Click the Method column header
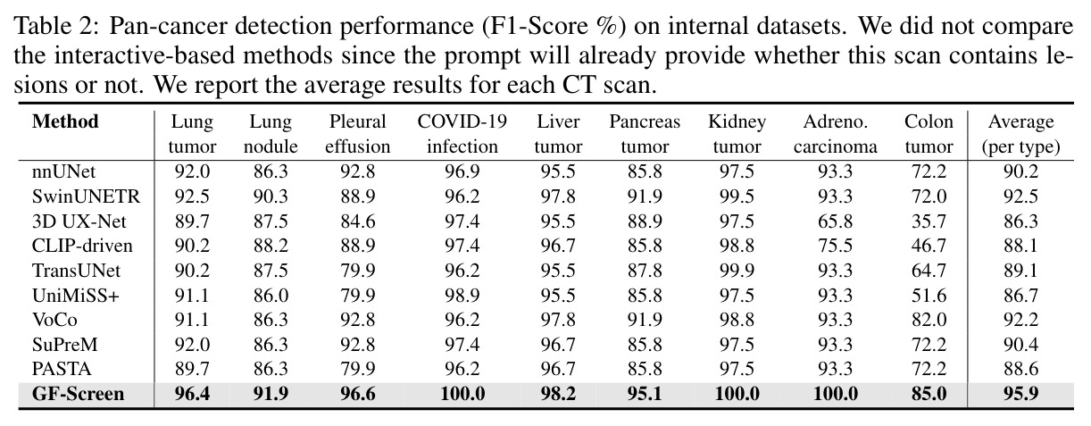(65, 121)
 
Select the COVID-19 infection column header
(462, 134)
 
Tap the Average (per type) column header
(1020, 134)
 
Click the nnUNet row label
(63, 171)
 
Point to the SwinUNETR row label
(86, 196)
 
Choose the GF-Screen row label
(78, 394)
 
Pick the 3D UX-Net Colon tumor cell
(929, 221)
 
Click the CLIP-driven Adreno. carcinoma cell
(836, 246)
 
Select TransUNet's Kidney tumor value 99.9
(737, 271)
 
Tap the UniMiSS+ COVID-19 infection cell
(462, 296)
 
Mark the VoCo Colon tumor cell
(929, 320)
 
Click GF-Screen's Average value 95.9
(1020, 394)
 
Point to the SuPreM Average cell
(1020, 345)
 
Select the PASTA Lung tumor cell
(192, 369)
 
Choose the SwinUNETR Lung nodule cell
(271, 196)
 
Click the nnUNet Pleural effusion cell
(358, 171)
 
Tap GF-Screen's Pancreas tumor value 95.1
(645, 394)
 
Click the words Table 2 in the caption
(56, 26)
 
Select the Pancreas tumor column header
(645, 134)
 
